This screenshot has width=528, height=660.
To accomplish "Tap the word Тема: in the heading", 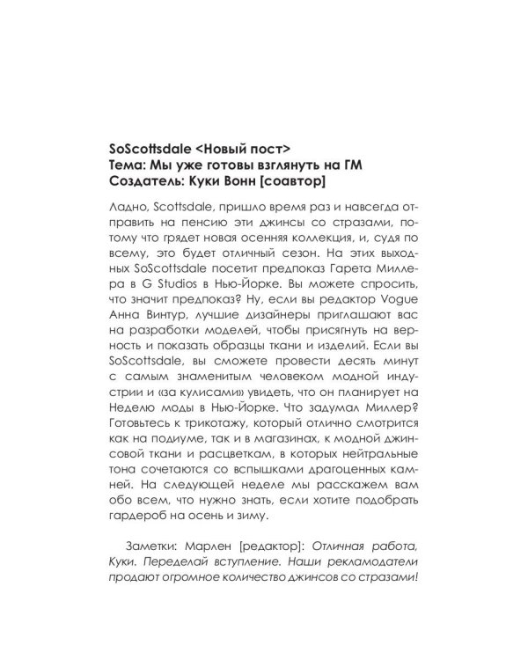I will (123, 163).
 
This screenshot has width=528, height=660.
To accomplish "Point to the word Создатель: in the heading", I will (142, 181).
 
